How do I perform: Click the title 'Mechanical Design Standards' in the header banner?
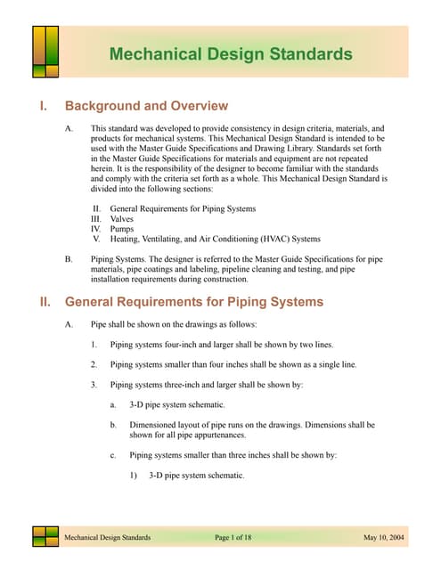tap(230, 54)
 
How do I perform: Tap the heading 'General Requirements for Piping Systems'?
tap(194, 302)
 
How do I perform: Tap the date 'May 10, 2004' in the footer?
tap(386, 538)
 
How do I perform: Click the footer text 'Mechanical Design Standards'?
tap(107, 538)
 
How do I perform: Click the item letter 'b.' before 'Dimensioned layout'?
tap(113, 426)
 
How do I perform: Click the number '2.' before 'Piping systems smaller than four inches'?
tap(94, 364)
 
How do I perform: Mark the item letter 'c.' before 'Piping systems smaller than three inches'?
tap(113, 455)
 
